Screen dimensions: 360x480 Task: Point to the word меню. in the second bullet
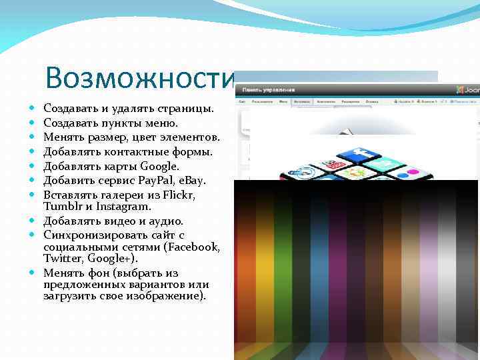click(161, 123)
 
